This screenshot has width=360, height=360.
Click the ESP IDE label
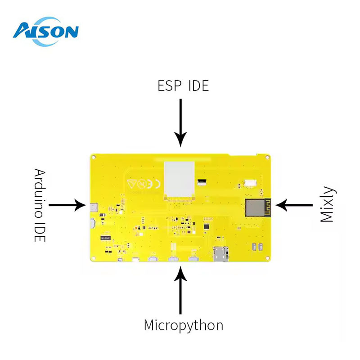(x=183, y=85)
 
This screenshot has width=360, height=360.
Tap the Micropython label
(x=183, y=324)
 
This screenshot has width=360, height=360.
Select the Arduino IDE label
(x=40, y=205)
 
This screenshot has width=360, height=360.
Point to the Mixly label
(x=327, y=204)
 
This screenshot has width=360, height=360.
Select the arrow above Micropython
(x=180, y=290)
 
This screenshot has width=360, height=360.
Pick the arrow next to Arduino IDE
(x=67, y=205)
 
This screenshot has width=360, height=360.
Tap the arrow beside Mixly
(x=294, y=205)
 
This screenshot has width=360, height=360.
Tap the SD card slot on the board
(x=220, y=254)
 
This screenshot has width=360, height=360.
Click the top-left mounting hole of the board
(x=94, y=157)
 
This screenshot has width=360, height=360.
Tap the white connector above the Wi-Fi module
(x=250, y=183)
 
